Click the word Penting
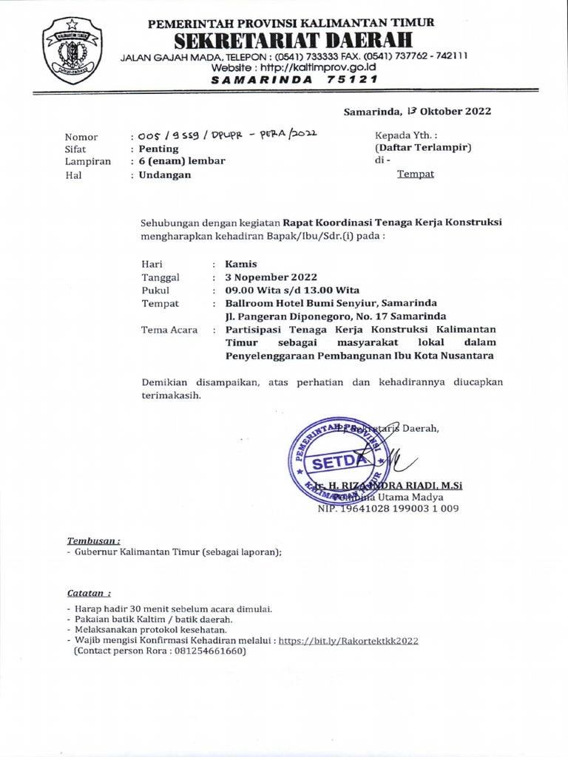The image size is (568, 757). point(159,149)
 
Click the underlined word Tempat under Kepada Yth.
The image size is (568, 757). point(416,174)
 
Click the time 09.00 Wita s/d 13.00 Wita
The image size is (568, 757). point(292,291)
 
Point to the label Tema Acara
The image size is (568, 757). point(169,330)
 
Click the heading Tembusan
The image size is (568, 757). point(94,540)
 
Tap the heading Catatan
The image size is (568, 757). point(88,593)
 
